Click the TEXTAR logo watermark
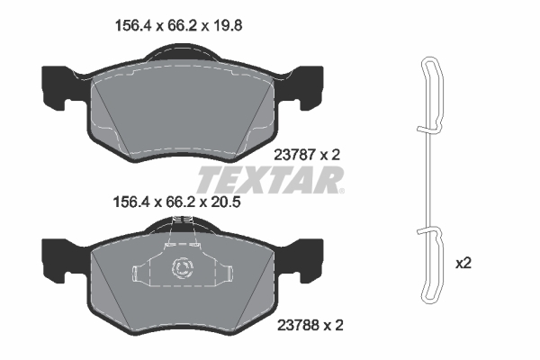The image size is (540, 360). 271,180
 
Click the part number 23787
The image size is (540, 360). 294,155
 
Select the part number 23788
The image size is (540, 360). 298,325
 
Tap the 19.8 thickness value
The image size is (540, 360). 229,25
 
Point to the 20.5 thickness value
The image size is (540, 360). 226,202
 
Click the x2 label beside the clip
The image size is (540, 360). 463,264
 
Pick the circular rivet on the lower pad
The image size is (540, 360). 182,267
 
